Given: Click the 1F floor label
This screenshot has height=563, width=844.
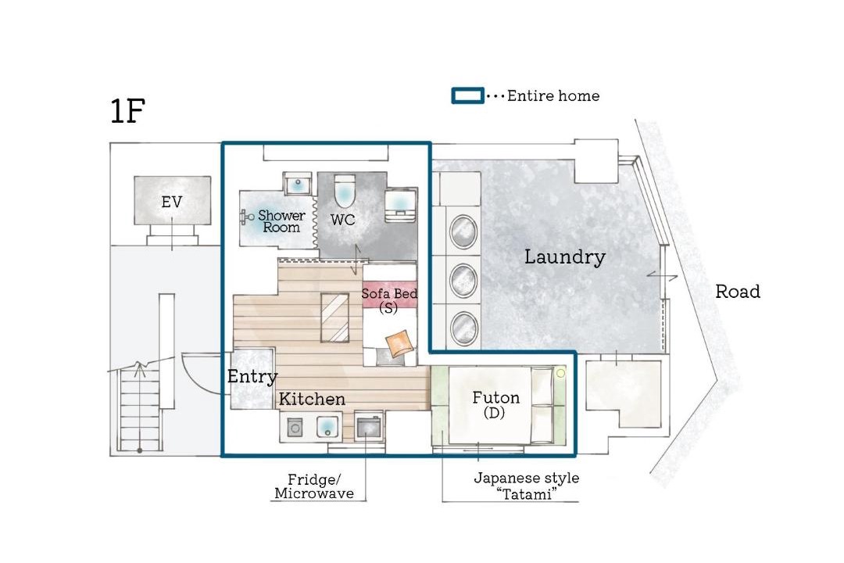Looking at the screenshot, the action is (127, 110).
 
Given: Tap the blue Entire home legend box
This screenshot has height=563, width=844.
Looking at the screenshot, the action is (467, 95).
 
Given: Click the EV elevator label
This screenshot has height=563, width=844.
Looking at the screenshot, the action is (172, 202).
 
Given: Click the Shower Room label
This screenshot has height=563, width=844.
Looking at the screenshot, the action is (281, 221).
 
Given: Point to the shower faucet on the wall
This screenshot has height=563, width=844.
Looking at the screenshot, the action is (247, 217).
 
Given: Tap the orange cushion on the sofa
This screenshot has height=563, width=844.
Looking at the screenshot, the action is (400, 343).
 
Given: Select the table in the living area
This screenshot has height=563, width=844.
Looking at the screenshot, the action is (334, 317).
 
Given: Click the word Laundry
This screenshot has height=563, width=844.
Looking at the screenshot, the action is (565, 257).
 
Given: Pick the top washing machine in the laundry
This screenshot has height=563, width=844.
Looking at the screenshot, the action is (463, 231).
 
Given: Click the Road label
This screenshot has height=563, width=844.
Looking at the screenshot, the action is (738, 292).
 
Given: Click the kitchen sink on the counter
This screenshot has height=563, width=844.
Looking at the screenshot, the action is (327, 427).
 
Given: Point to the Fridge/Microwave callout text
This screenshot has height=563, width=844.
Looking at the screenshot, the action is (314, 486).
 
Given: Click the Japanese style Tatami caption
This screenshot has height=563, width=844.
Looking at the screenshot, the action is (527, 486).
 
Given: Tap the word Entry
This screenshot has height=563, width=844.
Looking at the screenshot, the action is (252, 377).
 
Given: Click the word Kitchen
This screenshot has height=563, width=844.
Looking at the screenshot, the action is (312, 399).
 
